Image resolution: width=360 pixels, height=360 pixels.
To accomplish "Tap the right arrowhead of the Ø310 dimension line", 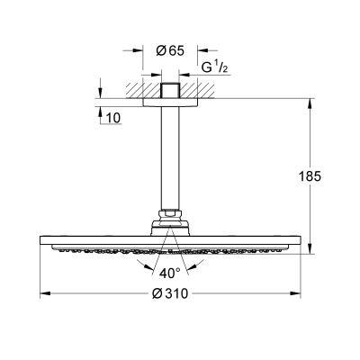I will tap(295, 292).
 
